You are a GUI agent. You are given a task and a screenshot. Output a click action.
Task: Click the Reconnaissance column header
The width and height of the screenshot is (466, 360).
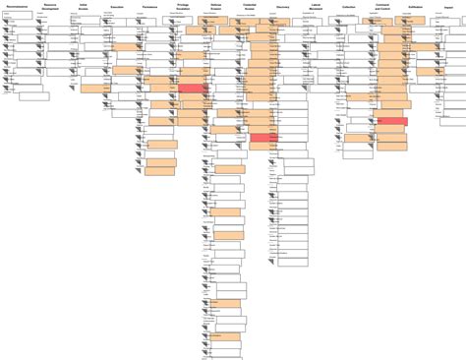click(17, 6)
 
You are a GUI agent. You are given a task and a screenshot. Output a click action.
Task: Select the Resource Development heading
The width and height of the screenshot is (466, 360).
click(50, 8)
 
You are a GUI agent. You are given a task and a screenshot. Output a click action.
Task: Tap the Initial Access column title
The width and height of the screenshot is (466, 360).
click(84, 8)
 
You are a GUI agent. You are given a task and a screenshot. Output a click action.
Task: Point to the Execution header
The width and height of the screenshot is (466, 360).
click(117, 6)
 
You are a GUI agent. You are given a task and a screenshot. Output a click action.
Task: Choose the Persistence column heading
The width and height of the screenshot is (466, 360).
click(150, 6)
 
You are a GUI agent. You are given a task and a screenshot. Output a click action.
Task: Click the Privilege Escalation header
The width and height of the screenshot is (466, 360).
click(183, 8)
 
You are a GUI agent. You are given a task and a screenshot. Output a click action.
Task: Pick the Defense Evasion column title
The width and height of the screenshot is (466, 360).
click(216, 8)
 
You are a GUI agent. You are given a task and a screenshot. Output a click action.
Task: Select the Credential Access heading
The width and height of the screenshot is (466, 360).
click(250, 8)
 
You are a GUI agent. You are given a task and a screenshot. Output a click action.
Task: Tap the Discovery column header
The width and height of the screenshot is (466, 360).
click(283, 6)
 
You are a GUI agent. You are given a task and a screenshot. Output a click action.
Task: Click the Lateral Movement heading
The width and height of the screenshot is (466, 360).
click(316, 8)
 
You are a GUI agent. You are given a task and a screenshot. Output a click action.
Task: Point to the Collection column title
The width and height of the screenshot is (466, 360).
click(349, 6)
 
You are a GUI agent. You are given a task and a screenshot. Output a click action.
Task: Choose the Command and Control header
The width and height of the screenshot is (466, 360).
click(382, 8)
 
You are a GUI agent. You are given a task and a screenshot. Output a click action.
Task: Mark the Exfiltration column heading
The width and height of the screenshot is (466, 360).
click(416, 6)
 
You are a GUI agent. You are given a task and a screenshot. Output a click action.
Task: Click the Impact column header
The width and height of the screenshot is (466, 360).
click(448, 6)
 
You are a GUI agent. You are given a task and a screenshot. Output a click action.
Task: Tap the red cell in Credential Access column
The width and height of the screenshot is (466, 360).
click(263, 138)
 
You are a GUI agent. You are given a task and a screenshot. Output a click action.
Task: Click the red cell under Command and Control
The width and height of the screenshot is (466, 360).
click(392, 121)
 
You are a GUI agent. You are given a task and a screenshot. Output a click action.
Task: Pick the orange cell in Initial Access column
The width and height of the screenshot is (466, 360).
click(94, 89)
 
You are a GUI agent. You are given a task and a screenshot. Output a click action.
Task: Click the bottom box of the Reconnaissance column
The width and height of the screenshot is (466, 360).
click(32, 96)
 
